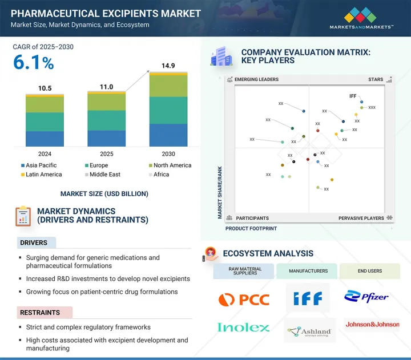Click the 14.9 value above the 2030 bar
point(168,66)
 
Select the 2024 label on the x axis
point(45,154)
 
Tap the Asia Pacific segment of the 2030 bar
point(168,135)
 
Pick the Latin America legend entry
point(44,175)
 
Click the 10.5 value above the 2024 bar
point(45,88)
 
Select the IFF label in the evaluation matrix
point(353,96)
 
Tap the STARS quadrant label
point(376,80)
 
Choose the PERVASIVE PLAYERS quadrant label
point(361,218)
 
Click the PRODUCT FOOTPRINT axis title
point(251,228)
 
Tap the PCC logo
point(242,298)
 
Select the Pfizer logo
point(366,297)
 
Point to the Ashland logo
point(309,331)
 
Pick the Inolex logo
point(243,327)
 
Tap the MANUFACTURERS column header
point(308,271)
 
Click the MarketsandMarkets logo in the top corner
point(361,18)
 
